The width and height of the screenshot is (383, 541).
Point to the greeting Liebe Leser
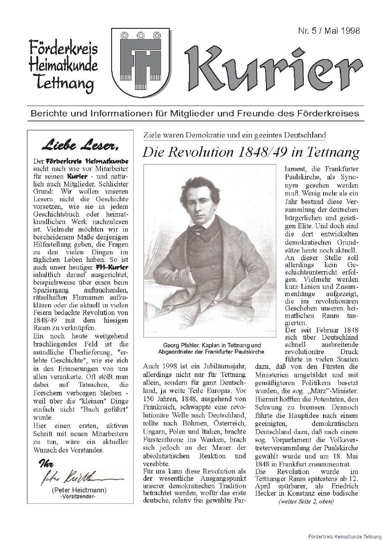pos(80,145)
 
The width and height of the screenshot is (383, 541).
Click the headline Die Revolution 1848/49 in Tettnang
pos(251,152)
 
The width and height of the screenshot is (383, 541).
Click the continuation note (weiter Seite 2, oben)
pos(306,501)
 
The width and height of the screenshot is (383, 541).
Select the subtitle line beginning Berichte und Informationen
pos(194,113)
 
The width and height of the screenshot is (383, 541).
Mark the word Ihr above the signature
pos(46,464)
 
